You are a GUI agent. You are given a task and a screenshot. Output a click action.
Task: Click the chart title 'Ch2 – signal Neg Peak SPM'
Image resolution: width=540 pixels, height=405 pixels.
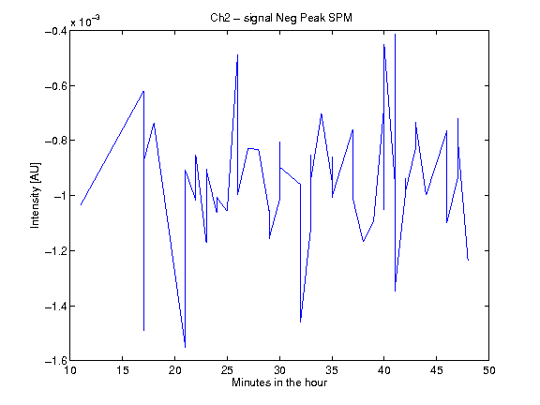pyautogui.click(x=281, y=18)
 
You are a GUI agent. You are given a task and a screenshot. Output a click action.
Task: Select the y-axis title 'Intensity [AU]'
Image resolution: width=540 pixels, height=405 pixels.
pyautogui.click(x=35, y=195)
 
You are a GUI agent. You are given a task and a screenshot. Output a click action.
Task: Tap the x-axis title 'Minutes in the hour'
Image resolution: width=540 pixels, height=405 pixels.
pyautogui.click(x=279, y=382)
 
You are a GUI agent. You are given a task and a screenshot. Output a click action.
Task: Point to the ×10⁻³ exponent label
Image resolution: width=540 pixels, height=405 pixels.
pyautogui.click(x=85, y=21)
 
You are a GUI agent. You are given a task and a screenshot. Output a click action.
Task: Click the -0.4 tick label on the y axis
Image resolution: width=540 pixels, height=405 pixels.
pyautogui.click(x=56, y=31)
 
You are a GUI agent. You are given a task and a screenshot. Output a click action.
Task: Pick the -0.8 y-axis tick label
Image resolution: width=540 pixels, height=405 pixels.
pyautogui.click(x=56, y=141)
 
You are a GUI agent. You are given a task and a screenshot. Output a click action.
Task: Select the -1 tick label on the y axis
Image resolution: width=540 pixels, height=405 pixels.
pyautogui.click(x=60, y=196)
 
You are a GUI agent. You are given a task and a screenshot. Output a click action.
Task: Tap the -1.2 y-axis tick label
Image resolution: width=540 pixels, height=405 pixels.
pyautogui.click(x=56, y=250)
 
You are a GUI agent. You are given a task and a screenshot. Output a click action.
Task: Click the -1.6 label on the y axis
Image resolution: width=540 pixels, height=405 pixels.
pyautogui.click(x=56, y=361)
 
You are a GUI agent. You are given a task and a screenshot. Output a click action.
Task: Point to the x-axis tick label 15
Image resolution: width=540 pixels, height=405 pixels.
pyautogui.click(x=123, y=370)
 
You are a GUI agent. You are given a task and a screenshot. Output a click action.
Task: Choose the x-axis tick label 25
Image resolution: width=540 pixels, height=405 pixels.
pyautogui.click(x=227, y=370)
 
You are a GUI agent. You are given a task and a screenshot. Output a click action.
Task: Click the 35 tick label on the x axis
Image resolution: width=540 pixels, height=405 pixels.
pyautogui.click(x=332, y=370)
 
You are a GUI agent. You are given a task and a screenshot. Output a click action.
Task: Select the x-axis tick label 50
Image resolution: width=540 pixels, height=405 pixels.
pyautogui.click(x=489, y=370)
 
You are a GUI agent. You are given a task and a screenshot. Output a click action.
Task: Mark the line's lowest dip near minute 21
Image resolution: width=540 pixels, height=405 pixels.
pyautogui.click(x=186, y=347)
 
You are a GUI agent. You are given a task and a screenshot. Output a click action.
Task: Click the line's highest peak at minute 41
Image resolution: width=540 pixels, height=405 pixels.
pyautogui.click(x=395, y=34)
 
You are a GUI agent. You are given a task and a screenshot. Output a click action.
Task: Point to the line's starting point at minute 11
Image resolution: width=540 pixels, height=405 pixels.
pyautogui.click(x=81, y=205)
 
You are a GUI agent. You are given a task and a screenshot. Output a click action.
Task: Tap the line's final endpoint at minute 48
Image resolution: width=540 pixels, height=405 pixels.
pyautogui.click(x=469, y=260)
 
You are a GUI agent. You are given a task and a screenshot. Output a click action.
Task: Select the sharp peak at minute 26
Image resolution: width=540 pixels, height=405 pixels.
pyautogui.click(x=237, y=54)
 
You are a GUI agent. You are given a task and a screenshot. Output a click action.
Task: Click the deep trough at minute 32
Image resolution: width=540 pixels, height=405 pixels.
pyautogui.click(x=301, y=322)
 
